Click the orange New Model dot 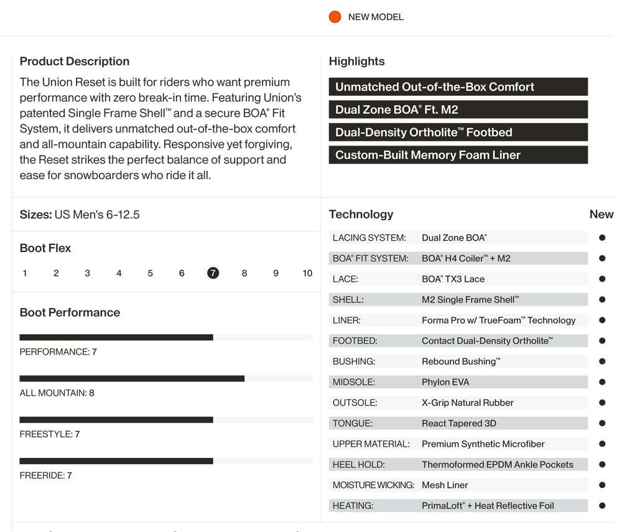click(335, 17)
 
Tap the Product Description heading click(75, 61)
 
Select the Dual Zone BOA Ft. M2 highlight click(458, 110)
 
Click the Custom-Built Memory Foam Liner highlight click(458, 155)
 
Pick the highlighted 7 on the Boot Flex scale click(213, 273)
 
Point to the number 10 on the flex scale click(307, 273)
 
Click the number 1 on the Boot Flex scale click(25, 273)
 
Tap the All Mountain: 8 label click(57, 393)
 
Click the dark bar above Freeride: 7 click(116, 461)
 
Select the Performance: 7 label click(58, 352)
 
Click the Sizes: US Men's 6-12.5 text click(80, 215)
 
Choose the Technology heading click(361, 214)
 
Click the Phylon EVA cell click(445, 382)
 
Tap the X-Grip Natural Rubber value click(468, 403)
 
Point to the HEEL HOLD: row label click(359, 464)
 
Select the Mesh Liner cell click(445, 485)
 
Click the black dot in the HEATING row click(602, 505)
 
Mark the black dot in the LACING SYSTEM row click(602, 238)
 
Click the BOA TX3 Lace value click(453, 279)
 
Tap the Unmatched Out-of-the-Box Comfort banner click(458, 87)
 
